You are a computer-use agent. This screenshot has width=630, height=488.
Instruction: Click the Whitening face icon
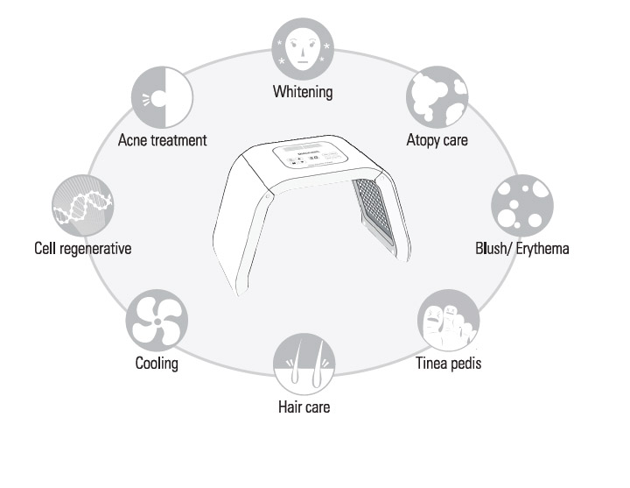[304, 49]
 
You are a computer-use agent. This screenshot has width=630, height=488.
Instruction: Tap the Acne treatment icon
[162, 97]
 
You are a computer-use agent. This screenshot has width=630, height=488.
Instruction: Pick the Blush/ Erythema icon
[521, 206]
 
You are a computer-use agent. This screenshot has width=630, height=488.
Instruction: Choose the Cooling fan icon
[157, 319]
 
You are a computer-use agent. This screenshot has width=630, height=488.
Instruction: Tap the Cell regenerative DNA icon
[81, 206]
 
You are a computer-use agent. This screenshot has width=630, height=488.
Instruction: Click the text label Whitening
[303, 91]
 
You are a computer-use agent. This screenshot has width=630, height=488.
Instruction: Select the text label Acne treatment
[163, 139]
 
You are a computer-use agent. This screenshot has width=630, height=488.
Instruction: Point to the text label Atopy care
[437, 139]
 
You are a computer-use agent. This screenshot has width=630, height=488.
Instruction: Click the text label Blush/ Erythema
[521, 249]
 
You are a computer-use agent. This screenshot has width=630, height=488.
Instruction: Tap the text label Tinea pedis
[448, 363]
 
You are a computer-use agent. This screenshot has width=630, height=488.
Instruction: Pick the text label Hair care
[304, 407]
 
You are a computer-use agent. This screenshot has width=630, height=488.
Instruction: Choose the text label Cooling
[157, 363]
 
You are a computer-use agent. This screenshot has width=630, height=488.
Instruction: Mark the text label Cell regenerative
[78, 249]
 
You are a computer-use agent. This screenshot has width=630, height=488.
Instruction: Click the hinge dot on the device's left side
[266, 198]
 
